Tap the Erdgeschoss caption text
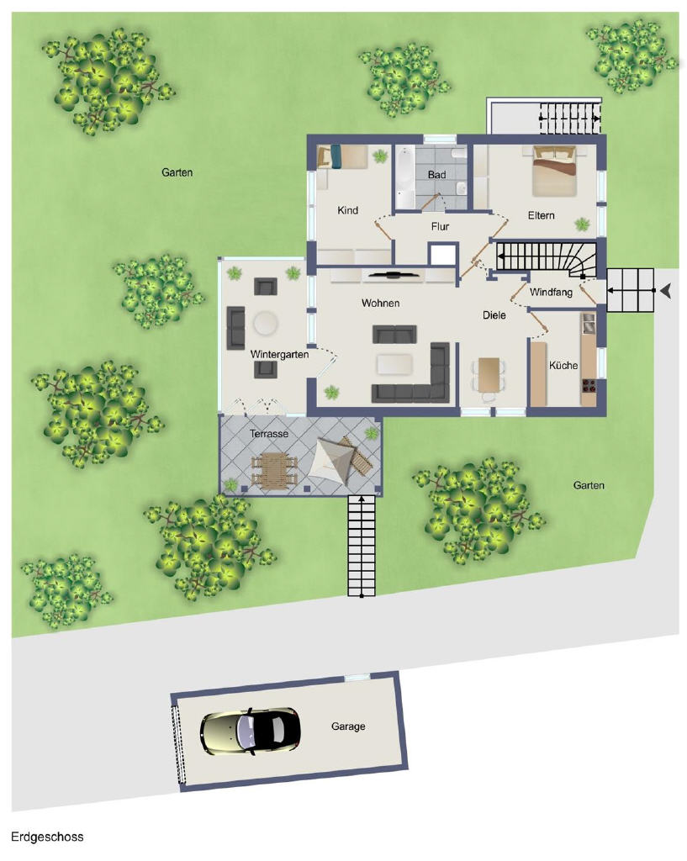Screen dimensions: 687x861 click(x=47, y=837)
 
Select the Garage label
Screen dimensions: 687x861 click(x=348, y=726)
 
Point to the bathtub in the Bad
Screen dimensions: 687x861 click(x=405, y=177)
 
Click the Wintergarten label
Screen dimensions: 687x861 click(x=279, y=355)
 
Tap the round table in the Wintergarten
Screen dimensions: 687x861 click(x=267, y=323)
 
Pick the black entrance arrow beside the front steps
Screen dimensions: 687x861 click(x=666, y=291)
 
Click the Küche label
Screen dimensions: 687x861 click(x=563, y=365)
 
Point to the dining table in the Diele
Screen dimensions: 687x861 click(x=489, y=375)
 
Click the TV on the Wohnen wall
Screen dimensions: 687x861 click(x=394, y=275)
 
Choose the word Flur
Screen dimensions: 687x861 click(x=440, y=226)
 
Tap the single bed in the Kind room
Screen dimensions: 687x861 click(x=342, y=156)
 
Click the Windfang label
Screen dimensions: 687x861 click(x=551, y=293)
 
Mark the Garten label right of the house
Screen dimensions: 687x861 click(x=589, y=485)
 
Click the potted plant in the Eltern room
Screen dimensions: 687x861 click(x=582, y=224)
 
